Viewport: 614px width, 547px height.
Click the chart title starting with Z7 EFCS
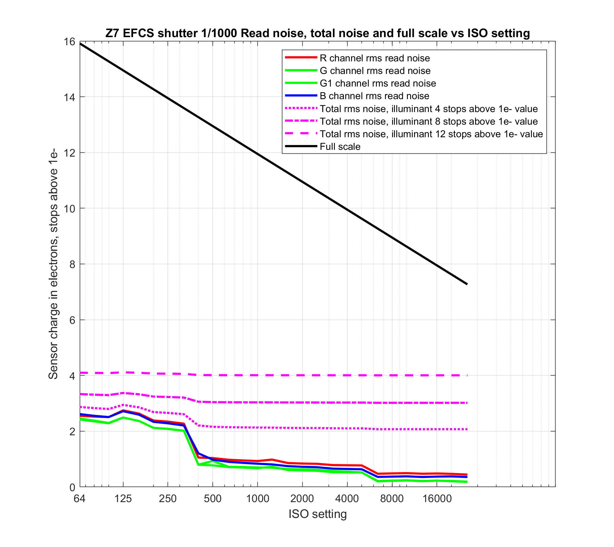tap(317, 33)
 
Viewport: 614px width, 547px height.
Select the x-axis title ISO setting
tap(317, 514)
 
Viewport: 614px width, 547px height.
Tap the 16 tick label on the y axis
tap(70, 42)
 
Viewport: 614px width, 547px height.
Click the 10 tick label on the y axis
tap(70, 209)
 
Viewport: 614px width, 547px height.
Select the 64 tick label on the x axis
tap(79, 499)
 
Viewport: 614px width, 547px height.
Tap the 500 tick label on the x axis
tap(213, 499)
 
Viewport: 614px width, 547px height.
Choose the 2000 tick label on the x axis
tap(302, 499)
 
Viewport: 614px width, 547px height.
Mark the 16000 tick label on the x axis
tap(437, 499)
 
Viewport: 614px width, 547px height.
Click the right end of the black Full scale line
tap(467, 284)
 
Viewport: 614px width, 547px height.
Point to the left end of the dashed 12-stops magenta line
tap(80, 373)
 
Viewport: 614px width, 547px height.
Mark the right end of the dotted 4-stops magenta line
tap(467, 429)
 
